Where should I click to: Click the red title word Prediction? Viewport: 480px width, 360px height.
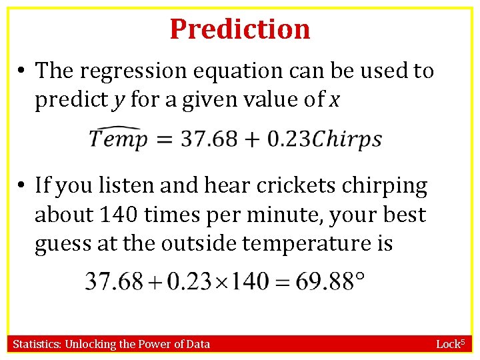[x=240, y=29]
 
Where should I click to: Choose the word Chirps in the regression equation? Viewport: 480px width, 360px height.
[x=347, y=140]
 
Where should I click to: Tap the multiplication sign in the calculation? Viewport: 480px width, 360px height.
[x=222, y=281]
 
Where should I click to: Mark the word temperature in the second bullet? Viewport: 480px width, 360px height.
[x=306, y=243]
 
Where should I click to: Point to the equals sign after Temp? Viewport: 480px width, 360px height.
[x=164, y=139]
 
